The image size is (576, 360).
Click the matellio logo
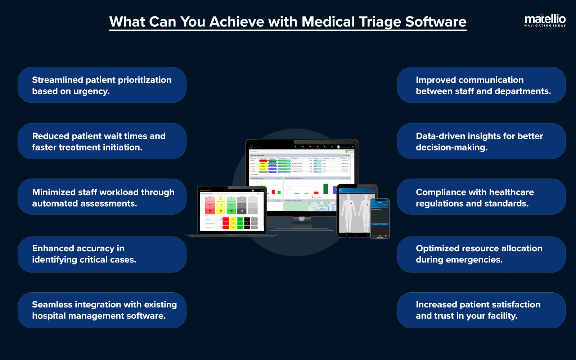pos(545,20)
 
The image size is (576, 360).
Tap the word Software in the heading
pos(436,22)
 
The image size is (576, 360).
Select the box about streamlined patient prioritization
pos(102,85)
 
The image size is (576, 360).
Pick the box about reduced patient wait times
pos(102,141)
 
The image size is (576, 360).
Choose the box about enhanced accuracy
pos(102,254)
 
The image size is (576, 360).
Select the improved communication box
pos(481,85)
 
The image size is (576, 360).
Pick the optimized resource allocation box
pos(481,254)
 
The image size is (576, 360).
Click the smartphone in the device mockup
pos(380,218)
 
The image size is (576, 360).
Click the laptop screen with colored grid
pos(232,210)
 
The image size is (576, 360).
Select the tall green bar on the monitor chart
pos(325,188)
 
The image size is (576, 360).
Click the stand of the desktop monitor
pos(302,223)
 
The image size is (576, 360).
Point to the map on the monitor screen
pos(310,206)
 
